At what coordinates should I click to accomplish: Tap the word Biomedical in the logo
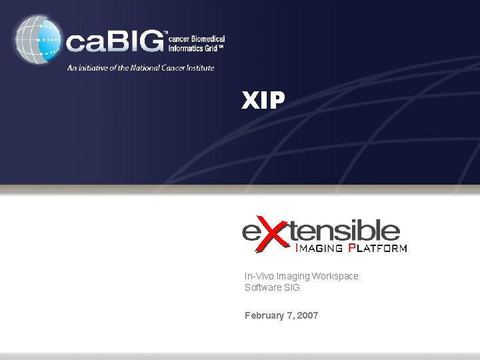click(205, 39)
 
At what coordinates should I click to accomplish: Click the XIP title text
click(263, 101)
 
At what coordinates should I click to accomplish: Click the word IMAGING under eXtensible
click(319, 249)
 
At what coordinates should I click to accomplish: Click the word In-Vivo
click(257, 276)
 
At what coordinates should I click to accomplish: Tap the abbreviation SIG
click(291, 287)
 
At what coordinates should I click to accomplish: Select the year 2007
click(307, 315)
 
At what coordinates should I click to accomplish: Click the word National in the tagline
click(147, 67)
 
